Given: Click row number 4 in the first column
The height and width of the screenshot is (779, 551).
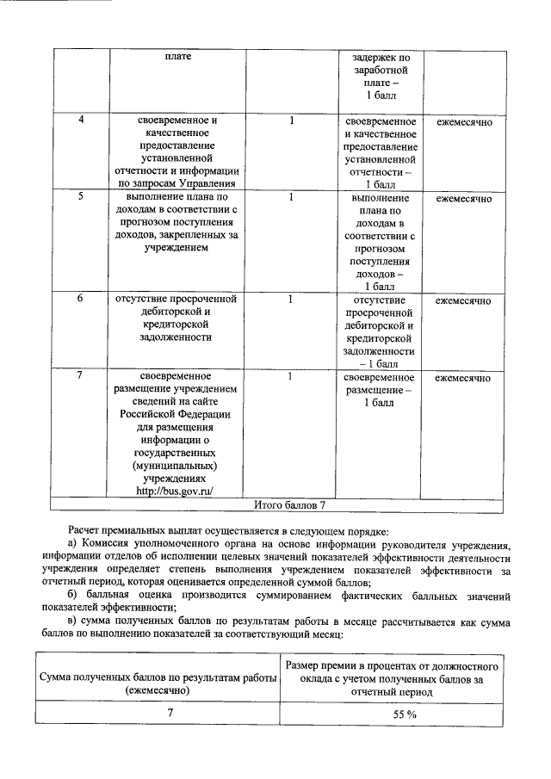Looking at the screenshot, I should pos(80,121).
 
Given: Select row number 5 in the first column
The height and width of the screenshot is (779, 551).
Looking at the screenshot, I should pos(80,197).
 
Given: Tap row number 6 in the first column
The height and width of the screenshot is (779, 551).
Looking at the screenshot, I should pos(80,300).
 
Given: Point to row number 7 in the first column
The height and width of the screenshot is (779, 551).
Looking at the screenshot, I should pos(80,377).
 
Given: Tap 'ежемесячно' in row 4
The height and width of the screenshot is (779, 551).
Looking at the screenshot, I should pos(463,122).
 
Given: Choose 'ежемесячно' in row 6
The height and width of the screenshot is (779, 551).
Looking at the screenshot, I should pos(463,301).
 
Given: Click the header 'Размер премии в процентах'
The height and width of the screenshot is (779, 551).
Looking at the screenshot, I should pos(392,666).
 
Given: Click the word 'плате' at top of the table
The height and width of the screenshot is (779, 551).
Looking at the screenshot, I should pos(178,57).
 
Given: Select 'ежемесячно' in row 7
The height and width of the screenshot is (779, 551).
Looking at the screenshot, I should pos(463,378).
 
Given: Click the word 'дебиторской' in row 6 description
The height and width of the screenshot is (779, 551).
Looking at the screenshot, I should pos(174,312).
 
